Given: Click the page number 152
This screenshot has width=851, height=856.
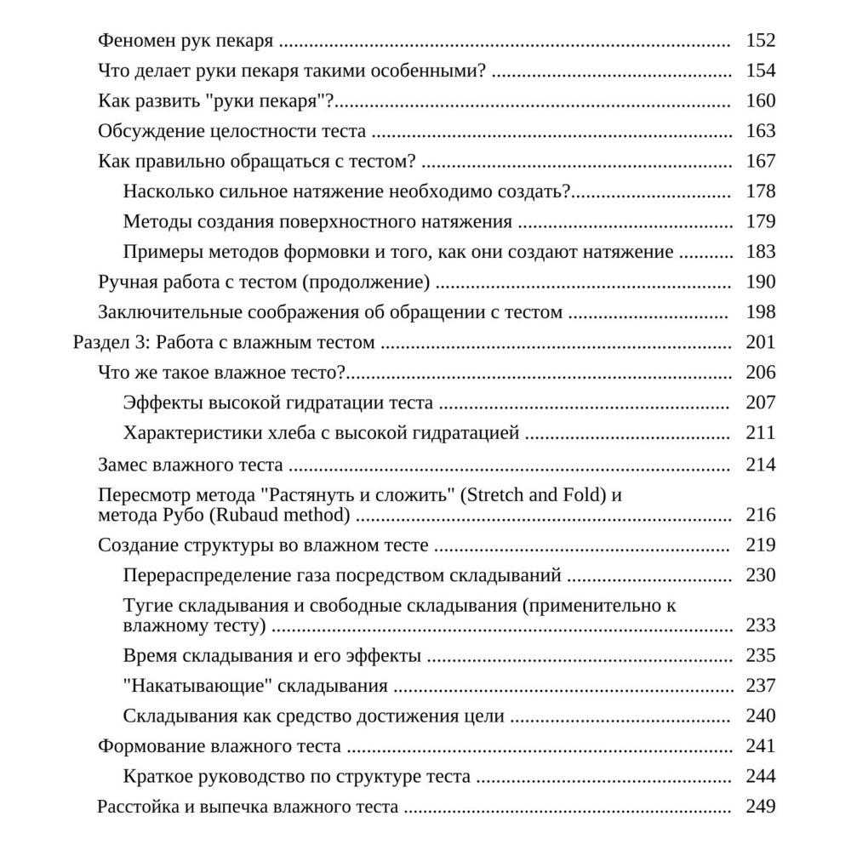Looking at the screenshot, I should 760,40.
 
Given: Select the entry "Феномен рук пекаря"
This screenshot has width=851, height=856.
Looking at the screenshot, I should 186,40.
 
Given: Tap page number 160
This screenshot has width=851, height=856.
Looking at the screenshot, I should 760,100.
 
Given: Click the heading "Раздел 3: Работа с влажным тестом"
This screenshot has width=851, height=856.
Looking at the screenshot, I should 224,342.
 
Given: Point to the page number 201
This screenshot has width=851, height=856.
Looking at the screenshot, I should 760,342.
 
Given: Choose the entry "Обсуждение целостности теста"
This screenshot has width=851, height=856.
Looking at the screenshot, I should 232,131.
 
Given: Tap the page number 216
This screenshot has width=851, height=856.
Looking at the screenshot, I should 760,515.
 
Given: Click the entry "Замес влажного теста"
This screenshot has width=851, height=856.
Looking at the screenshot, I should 191,465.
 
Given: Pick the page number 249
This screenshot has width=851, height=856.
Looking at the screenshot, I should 760,807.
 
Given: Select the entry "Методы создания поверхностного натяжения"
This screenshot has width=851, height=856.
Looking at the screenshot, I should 317,221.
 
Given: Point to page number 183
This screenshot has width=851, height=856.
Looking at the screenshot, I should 760,252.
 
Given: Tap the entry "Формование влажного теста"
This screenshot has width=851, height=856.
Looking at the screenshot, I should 220,746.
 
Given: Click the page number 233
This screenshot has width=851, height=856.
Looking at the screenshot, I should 760,625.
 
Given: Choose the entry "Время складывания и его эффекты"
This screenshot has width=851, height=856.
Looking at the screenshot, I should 272,656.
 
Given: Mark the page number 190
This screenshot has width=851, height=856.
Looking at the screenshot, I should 760,282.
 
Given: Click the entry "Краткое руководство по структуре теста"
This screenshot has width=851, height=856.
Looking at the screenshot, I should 297,777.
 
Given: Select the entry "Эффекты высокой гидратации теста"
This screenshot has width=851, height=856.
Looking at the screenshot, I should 278,402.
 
